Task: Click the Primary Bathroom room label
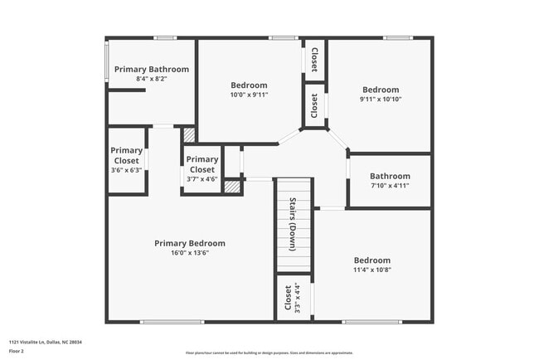pyautogui.click(x=151, y=69)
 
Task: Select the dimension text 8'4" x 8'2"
pyautogui.click(x=151, y=79)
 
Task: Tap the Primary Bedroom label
pyautogui.click(x=189, y=243)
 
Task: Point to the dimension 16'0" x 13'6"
pyautogui.click(x=189, y=253)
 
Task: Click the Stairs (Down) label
pyautogui.click(x=294, y=225)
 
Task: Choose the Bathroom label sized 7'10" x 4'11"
pyautogui.click(x=390, y=176)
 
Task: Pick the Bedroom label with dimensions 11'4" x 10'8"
pyautogui.click(x=372, y=260)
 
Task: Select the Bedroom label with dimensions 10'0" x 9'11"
pyautogui.click(x=249, y=85)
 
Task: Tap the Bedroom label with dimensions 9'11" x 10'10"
pyautogui.click(x=381, y=90)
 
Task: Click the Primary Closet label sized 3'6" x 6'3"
pyautogui.click(x=126, y=155)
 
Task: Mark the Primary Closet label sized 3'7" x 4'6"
pyautogui.click(x=202, y=164)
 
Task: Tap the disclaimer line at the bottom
pyautogui.click(x=269, y=353)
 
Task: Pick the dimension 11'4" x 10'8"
pyautogui.click(x=372, y=270)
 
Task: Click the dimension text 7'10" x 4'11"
pyautogui.click(x=390, y=186)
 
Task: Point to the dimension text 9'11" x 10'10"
pyautogui.click(x=381, y=100)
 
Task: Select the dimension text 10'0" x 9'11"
pyautogui.click(x=249, y=95)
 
